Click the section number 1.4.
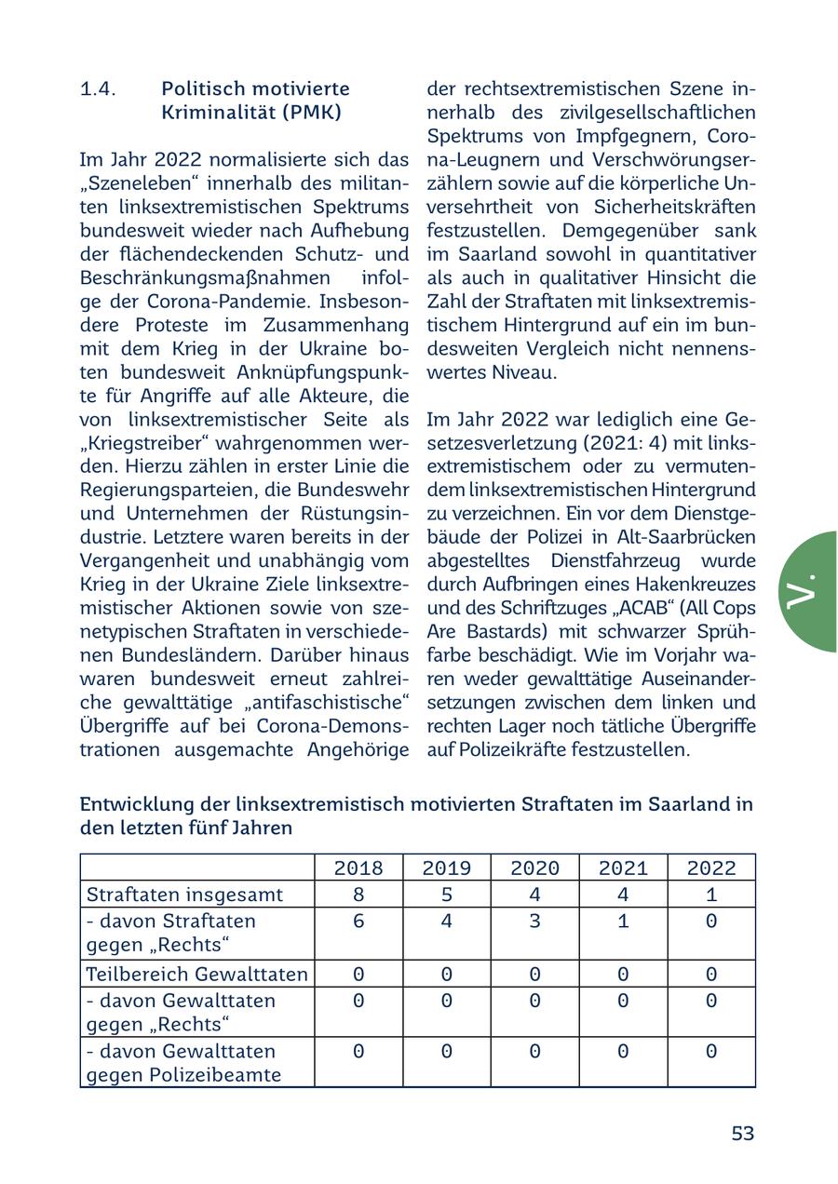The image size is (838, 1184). click(x=98, y=89)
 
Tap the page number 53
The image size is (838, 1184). click(x=742, y=1133)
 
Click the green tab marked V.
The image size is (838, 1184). click(x=806, y=591)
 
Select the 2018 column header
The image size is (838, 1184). click(x=358, y=868)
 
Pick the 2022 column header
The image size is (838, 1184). click(x=711, y=868)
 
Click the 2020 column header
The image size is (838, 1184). click(x=534, y=868)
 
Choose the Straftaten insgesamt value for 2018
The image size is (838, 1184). click(x=358, y=895)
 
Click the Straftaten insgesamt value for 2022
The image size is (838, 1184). click(x=711, y=895)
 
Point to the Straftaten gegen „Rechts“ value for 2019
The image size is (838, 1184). click(x=446, y=922)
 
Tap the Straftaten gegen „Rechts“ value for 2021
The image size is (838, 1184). click(x=623, y=922)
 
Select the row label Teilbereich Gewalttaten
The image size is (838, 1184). click(x=196, y=975)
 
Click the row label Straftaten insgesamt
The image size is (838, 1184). click(x=184, y=895)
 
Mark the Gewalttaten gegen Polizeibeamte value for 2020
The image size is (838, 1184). click(x=534, y=1052)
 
